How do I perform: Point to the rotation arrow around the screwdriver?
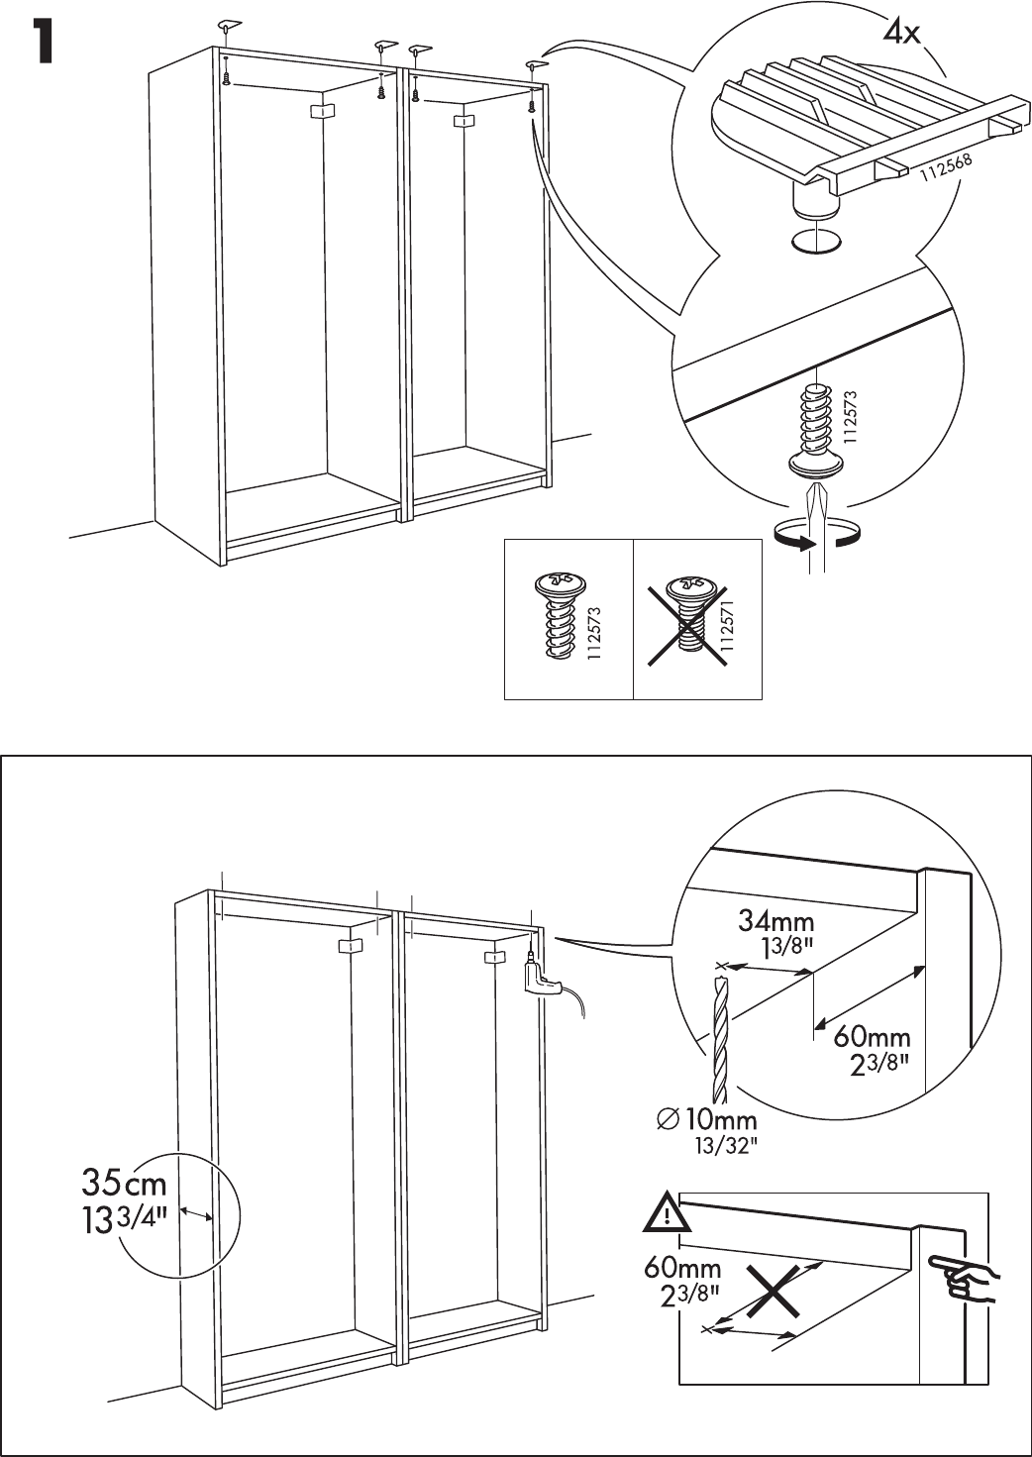(x=818, y=538)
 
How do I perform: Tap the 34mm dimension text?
(x=776, y=922)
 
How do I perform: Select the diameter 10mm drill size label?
(x=707, y=1121)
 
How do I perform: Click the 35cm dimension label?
(x=123, y=1184)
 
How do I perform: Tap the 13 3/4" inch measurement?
(x=124, y=1215)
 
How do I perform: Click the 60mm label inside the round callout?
(x=871, y=1037)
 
